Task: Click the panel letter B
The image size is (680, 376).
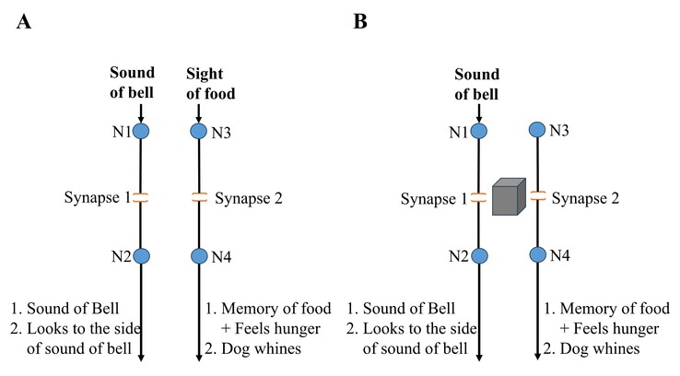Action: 360,21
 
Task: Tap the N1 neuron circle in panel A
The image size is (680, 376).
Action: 140,132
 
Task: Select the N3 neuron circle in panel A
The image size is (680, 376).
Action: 198,132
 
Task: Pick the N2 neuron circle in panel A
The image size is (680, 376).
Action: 140,256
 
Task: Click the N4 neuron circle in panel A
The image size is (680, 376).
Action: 198,256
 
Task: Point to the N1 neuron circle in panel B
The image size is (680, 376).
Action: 479,132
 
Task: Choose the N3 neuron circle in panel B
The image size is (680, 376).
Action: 537,132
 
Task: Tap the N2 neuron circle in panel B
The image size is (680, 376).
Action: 479,256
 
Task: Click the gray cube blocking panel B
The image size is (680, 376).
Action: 507,199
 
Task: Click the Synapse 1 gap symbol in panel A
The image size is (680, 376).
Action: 140,196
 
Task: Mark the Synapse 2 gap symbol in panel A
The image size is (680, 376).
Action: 198,196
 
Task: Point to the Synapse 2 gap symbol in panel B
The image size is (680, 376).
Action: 537,196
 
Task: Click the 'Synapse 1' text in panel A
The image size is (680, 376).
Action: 96,196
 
